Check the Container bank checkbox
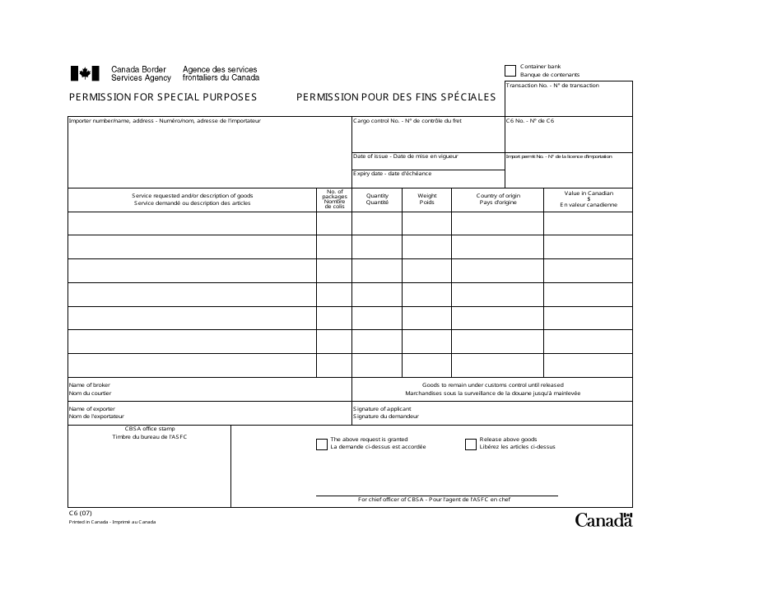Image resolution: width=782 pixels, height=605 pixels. click(510, 71)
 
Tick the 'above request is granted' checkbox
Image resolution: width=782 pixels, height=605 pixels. click(322, 444)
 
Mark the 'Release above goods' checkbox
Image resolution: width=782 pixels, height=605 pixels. click(471, 444)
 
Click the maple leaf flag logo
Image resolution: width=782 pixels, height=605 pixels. click(84, 74)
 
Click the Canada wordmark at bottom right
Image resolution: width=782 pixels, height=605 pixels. click(603, 519)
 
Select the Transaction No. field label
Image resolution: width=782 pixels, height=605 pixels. click(552, 86)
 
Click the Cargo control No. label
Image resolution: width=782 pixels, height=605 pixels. click(407, 121)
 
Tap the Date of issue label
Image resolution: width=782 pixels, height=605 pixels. click(405, 156)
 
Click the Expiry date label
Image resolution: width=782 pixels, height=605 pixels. click(392, 174)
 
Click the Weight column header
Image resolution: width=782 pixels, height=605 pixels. click(426, 199)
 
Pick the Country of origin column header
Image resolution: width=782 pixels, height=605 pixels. click(497, 199)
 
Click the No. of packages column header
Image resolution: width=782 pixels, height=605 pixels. click(334, 199)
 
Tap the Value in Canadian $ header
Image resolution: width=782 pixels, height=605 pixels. click(588, 198)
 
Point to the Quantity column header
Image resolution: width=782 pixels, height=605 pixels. click(377, 199)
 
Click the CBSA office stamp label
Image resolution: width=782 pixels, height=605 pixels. click(150, 433)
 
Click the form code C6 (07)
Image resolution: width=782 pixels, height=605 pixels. click(81, 514)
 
